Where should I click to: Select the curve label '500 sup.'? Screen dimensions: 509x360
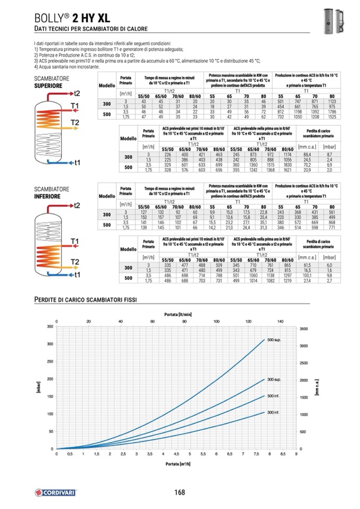[x=273, y=340]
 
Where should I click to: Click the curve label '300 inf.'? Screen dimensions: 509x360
[x=273, y=412]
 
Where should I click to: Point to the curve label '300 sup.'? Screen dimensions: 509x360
[x=273, y=379]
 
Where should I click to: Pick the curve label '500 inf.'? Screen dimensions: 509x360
[x=273, y=396]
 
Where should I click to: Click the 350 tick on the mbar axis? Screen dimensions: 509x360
[x=50, y=326]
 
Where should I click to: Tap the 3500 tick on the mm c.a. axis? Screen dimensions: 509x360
[x=303, y=329]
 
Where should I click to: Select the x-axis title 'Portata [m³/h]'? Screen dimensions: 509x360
[x=177, y=464]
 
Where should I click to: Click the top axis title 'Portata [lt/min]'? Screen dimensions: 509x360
[x=177, y=314]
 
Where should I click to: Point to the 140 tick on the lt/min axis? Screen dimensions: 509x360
[x=281, y=321]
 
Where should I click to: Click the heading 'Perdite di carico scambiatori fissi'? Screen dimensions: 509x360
[x=85, y=300]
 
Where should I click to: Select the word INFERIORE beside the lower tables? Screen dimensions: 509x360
[x=47, y=196]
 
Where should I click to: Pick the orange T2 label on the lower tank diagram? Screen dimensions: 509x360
[x=75, y=262]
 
